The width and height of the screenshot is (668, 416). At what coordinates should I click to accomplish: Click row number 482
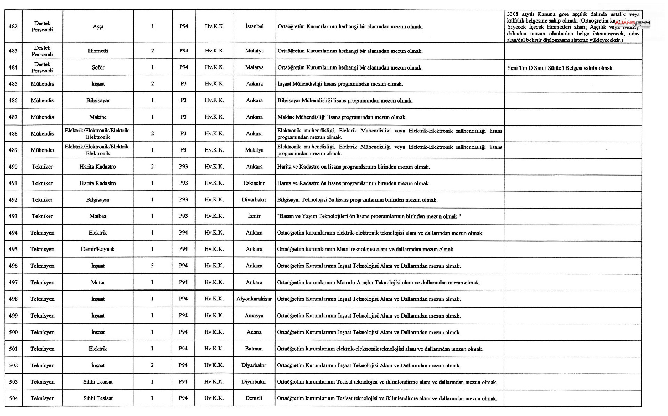click(x=13, y=26)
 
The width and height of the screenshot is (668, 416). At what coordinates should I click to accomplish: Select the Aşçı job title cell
click(x=98, y=27)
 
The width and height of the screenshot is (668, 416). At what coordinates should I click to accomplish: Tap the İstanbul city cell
click(x=254, y=26)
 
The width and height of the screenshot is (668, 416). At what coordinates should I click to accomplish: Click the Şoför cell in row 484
click(x=98, y=67)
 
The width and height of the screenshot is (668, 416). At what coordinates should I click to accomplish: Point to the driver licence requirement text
click(x=560, y=68)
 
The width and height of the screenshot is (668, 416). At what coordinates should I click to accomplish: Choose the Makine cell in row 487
click(x=98, y=117)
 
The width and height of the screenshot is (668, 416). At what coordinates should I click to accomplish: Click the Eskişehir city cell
click(x=254, y=183)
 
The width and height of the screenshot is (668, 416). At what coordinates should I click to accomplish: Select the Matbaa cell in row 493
click(x=98, y=216)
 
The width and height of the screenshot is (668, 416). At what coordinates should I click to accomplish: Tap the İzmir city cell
click(x=254, y=216)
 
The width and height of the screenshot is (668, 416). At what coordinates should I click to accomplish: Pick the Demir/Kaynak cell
click(x=98, y=249)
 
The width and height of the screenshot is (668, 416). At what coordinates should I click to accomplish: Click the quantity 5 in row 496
click(x=152, y=266)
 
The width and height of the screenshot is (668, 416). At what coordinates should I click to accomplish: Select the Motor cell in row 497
click(x=98, y=282)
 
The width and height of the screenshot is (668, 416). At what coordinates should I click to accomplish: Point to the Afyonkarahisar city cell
click(x=254, y=299)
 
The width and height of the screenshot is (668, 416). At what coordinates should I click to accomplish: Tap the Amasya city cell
click(x=254, y=316)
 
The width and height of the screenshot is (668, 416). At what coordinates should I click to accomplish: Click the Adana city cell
click(x=254, y=332)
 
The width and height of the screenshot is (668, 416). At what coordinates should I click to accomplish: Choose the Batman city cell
click(x=254, y=349)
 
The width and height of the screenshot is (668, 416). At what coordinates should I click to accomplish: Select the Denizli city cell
click(x=254, y=398)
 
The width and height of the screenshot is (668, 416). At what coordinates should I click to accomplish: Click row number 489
click(x=13, y=150)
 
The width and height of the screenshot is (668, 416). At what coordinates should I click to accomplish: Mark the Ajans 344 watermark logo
click(x=633, y=24)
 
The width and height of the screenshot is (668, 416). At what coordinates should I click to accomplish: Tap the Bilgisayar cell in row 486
click(x=98, y=100)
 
